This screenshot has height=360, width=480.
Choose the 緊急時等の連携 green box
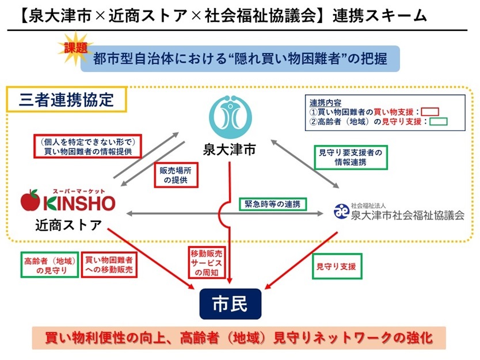(x=273, y=204)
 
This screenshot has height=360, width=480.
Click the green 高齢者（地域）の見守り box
(x=49, y=265)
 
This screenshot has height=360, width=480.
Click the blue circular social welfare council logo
(x=342, y=211)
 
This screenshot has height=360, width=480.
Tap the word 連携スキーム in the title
(x=379, y=16)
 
